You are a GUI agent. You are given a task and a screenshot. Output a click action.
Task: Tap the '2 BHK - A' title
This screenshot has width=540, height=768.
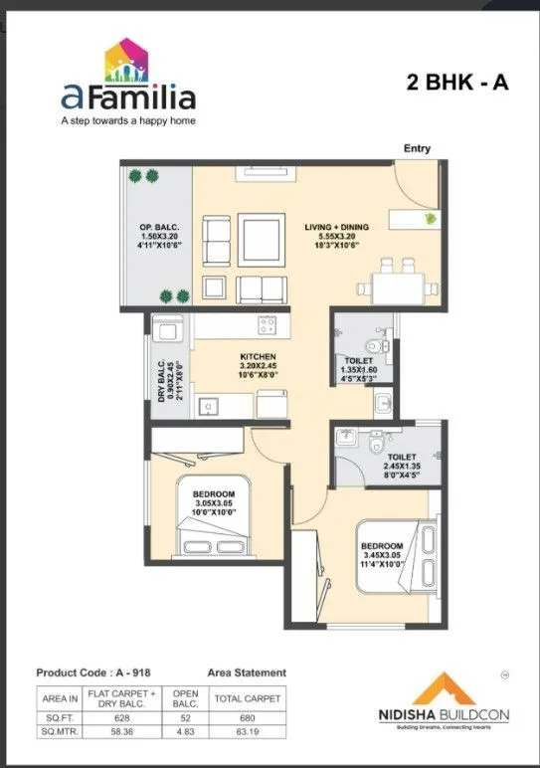click(x=457, y=83)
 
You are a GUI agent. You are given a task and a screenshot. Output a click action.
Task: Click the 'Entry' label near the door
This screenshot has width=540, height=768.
click(x=417, y=148)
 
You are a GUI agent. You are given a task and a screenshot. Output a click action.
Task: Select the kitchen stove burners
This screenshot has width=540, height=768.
click(x=267, y=324)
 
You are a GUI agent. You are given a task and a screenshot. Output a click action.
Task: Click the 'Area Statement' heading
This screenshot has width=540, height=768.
click(x=247, y=672)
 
